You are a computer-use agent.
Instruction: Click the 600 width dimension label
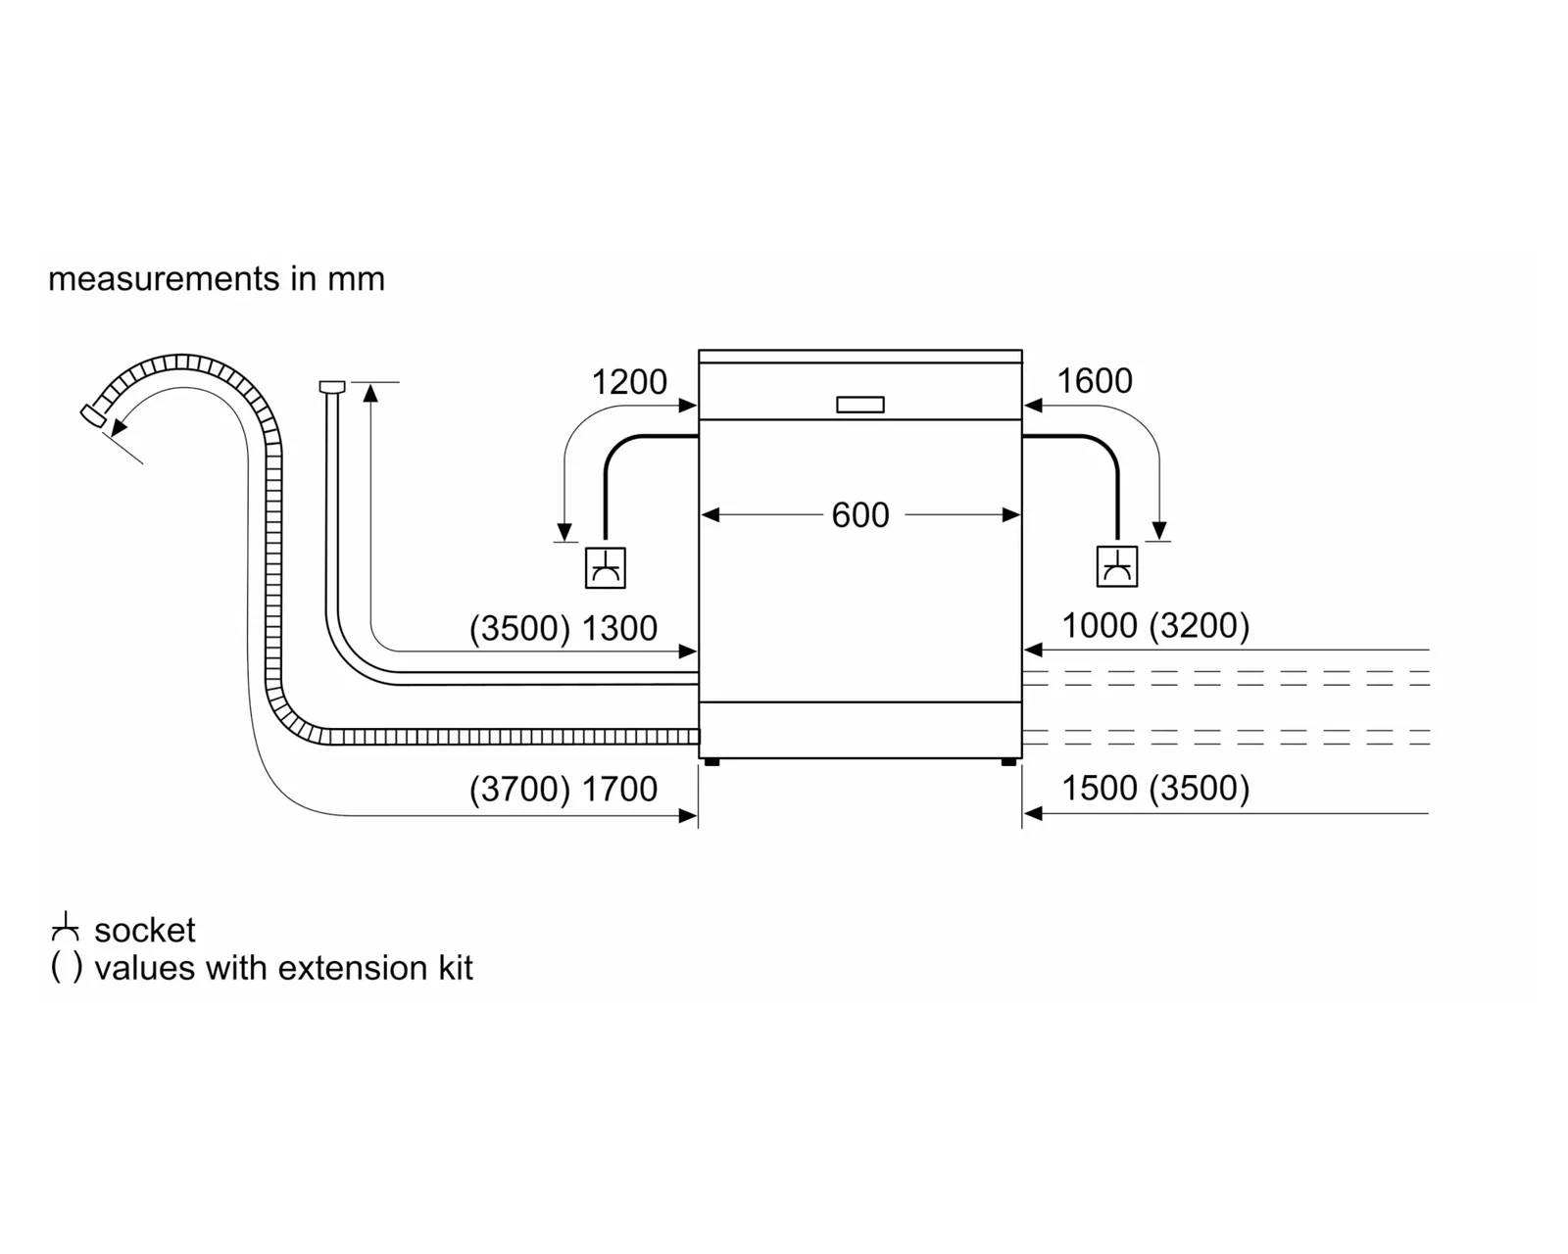[859, 515]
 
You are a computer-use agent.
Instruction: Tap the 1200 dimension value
[629, 382]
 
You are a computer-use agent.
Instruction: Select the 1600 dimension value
[1095, 381]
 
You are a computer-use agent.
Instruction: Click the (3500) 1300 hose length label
[563, 628]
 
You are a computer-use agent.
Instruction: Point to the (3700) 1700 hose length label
[563, 789]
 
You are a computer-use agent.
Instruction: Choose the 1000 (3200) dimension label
[1155, 625]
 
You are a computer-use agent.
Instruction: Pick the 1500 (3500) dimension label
[1155, 788]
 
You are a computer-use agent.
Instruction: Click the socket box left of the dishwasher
[606, 567]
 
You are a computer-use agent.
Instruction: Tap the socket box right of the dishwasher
[1117, 566]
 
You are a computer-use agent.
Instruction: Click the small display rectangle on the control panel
[859, 405]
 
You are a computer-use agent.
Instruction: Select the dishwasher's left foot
[711, 762]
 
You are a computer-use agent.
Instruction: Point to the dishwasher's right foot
[1009, 762]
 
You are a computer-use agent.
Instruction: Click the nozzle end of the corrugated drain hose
[92, 415]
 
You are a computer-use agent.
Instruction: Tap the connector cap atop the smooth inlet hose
[331, 386]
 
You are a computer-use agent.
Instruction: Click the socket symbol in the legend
[66, 926]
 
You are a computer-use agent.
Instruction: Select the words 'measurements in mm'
[217, 279]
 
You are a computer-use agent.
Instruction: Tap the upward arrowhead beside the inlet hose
[370, 393]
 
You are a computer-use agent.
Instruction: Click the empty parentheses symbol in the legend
[67, 968]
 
